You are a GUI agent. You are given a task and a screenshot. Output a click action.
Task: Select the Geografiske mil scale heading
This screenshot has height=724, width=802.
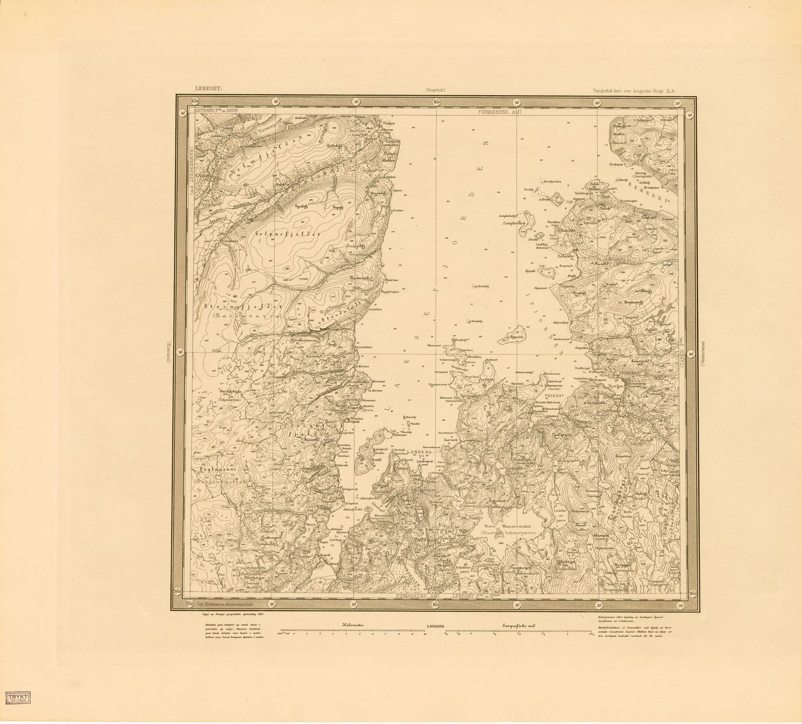[x=517, y=625]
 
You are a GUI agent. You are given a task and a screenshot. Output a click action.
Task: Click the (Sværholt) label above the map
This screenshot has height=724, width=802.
[x=436, y=89]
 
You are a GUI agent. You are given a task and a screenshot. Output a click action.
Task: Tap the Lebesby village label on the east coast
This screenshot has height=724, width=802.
[x=563, y=256]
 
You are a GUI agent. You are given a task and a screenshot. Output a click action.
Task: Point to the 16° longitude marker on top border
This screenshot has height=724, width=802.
[x=436, y=102]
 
